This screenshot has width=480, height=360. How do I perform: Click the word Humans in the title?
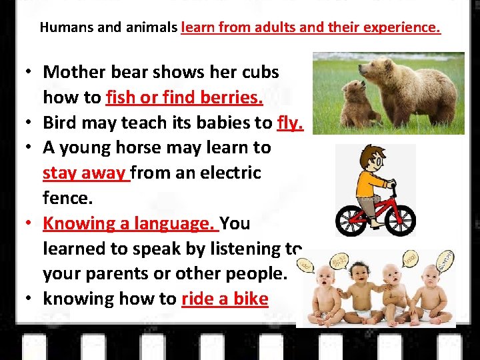(63, 28)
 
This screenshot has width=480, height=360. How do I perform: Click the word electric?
(225, 173)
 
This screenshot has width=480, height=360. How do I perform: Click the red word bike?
(249, 299)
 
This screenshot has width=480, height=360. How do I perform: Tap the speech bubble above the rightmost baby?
(445, 261)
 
